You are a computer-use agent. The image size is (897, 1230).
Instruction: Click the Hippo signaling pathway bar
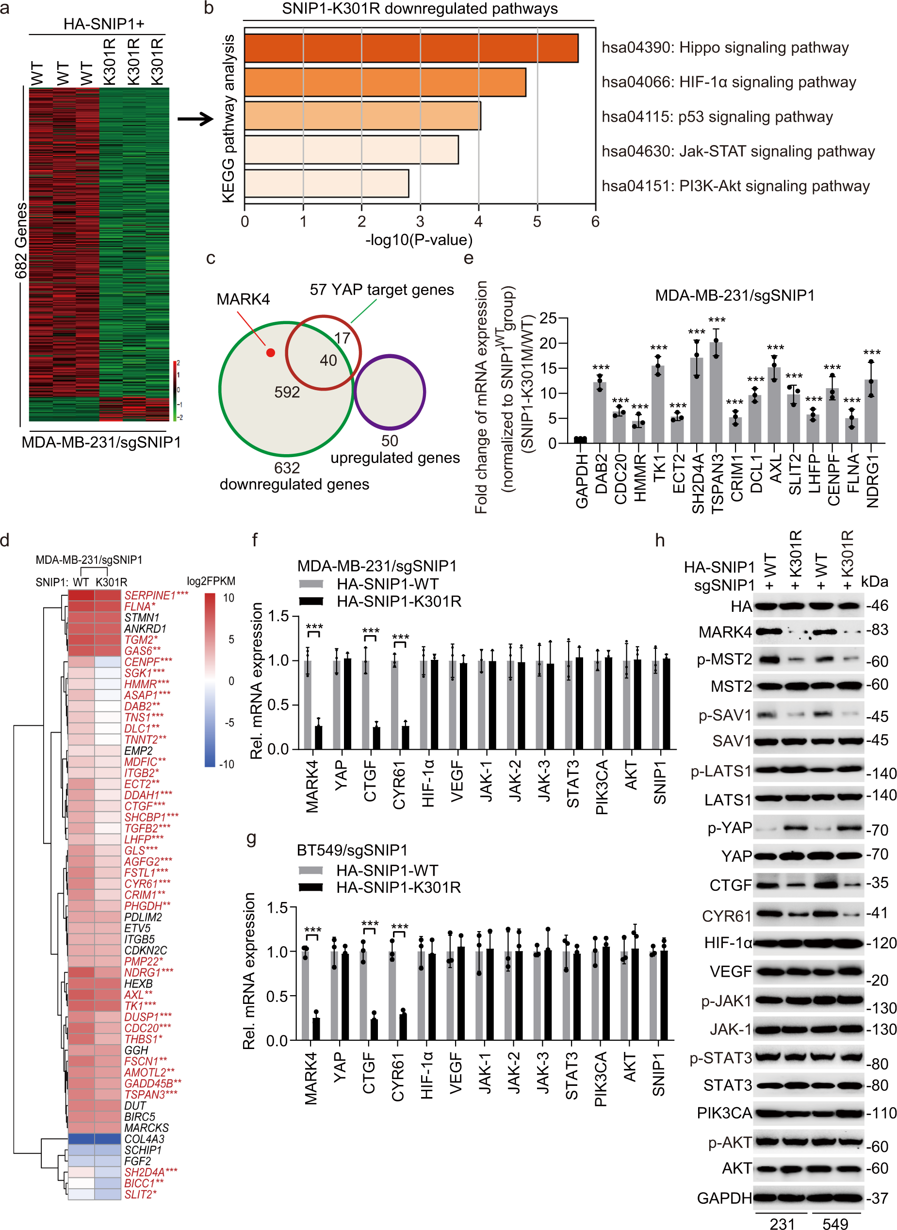[x=411, y=49]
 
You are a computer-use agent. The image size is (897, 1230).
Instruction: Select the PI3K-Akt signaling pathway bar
[x=326, y=183]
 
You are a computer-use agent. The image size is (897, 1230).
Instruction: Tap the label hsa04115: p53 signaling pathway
[x=717, y=117]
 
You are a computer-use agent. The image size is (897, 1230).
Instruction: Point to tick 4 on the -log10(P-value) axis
[x=478, y=222]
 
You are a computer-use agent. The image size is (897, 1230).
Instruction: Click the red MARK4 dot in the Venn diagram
[x=270, y=352]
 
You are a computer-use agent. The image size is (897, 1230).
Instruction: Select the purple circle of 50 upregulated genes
[x=390, y=392]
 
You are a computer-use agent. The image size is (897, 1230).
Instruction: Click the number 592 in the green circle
[x=287, y=392]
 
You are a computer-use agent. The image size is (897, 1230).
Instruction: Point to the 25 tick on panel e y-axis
[x=548, y=318]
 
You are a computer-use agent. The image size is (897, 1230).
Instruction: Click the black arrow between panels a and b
[x=196, y=119]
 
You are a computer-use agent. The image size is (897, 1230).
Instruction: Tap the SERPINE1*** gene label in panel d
[x=156, y=595]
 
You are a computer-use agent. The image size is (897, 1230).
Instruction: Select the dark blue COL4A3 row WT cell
[x=82, y=1139]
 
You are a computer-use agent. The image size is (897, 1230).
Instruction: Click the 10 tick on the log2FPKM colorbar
[x=228, y=598]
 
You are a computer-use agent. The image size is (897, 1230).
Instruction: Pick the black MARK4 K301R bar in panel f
[x=318, y=738]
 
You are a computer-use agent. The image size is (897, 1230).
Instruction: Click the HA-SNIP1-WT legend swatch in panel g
[x=311, y=870]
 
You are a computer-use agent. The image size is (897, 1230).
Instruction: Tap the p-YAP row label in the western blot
[x=729, y=828]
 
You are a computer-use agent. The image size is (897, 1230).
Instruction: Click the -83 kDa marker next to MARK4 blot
[x=876, y=630]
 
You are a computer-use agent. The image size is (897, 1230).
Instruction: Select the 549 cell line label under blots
[x=835, y=1222]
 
